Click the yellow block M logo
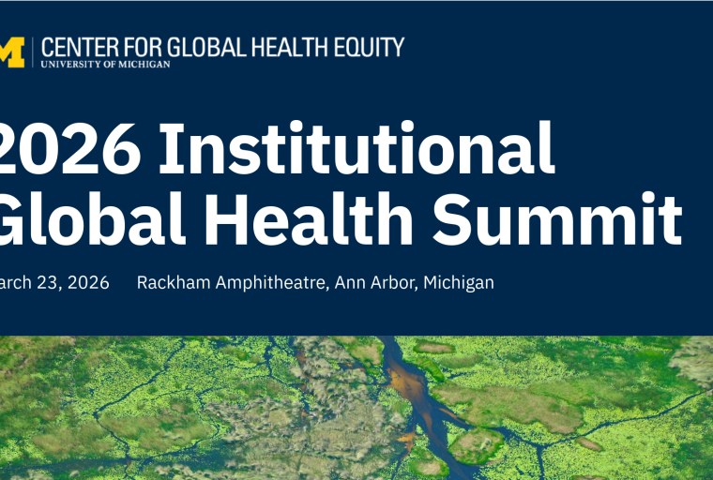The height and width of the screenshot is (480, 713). (10, 52)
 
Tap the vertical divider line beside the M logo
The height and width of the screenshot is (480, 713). (34, 52)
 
